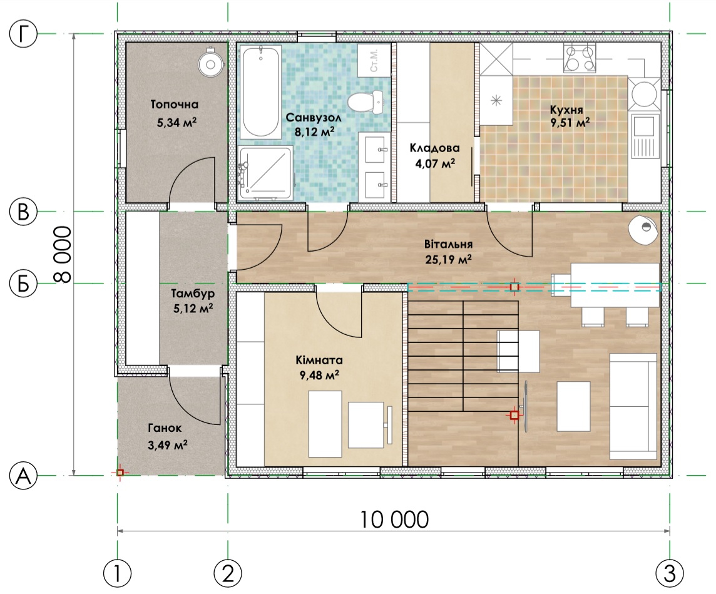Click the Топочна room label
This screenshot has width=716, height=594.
(x=175, y=105)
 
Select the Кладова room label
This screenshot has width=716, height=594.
(x=434, y=148)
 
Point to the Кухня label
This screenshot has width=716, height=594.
(x=566, y=110)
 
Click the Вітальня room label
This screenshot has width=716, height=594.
(x=448, y=244)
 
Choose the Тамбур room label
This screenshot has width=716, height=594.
(x=193, y=293)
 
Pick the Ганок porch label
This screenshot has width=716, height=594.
(x=165, y=428)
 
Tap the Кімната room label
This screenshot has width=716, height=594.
(x=319, y=361)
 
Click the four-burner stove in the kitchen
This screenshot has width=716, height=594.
(x=580, y=58)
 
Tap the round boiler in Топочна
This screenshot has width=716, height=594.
(x=210, y=64)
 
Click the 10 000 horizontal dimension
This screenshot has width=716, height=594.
(x=394, y=520)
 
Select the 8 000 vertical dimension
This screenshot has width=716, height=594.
(x=63, y=255)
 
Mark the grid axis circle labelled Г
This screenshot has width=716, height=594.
(x=23, y=34)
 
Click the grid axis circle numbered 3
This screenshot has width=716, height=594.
(x=670, y=573)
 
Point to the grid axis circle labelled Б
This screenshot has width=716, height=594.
(x=23, y=284)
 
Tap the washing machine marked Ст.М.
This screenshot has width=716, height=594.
(x=374, y=61)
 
